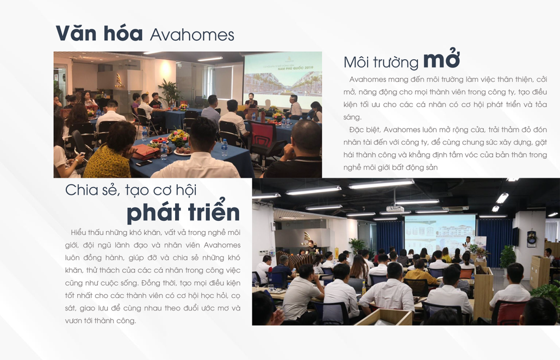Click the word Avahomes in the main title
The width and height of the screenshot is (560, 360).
[192, 35]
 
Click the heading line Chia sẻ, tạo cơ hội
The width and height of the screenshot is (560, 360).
[130, 190]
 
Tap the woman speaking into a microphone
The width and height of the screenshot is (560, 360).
[251, 103]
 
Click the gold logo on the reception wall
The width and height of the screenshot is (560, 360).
[119, 80]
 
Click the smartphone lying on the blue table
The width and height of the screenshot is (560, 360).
[144, 163]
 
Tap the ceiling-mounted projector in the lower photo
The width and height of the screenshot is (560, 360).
[396, 208]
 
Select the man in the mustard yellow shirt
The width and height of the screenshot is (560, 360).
[420, 273]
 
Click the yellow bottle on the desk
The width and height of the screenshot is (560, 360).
[364, 288]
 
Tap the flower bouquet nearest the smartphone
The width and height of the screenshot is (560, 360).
[178, 138]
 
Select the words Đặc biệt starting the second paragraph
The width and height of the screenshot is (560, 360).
[365, 129]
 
